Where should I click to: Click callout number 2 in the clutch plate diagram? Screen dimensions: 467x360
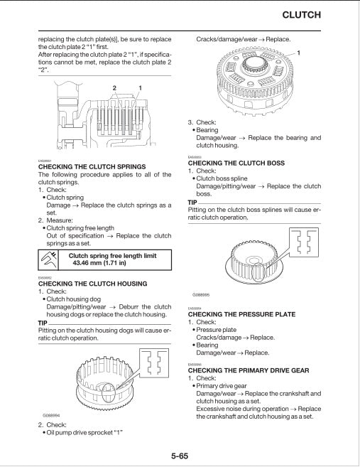[x=114, y=87]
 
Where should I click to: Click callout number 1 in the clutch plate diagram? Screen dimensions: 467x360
[x=140, y=87]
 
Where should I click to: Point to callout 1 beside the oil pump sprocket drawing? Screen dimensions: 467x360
[x=299, y=54]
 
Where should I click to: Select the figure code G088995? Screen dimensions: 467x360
[x=201, y=294]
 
